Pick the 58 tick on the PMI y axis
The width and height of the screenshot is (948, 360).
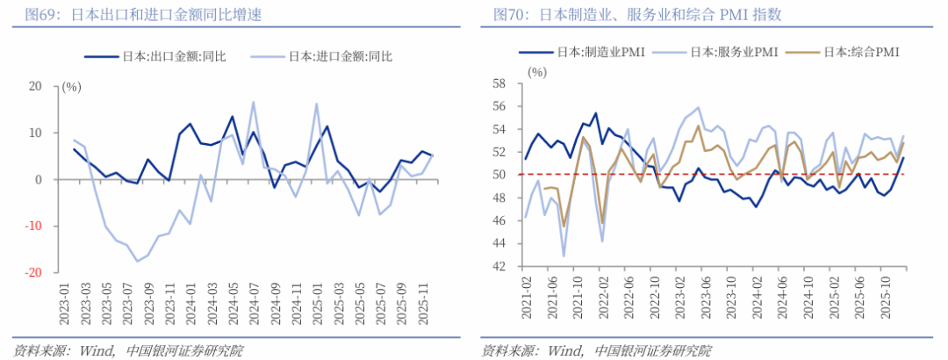pos(499,83)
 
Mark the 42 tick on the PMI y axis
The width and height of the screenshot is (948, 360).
pos(499,266)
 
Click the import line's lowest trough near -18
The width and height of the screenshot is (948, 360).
pos(137,261)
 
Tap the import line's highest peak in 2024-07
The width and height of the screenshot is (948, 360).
pos(254,102)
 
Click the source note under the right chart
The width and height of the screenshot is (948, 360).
pos(597,350)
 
